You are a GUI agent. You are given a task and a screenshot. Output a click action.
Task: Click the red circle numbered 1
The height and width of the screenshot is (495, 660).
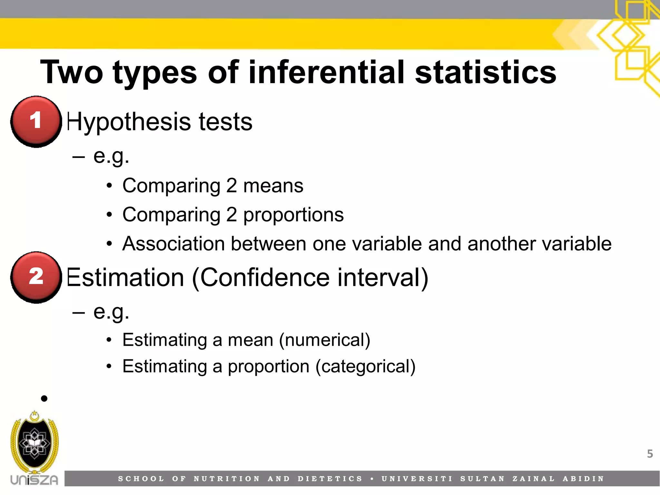click(x=36, y=121)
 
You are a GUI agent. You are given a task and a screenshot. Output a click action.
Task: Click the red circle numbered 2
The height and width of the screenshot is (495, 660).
click(x=36, y=277)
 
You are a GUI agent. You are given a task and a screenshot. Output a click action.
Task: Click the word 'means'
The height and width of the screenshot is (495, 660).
click(x=273, y=186)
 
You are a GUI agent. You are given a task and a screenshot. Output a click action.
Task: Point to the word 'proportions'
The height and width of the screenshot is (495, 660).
click(x=293, y=215)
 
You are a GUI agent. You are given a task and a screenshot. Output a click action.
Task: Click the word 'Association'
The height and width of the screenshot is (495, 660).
click(x=173, y=244)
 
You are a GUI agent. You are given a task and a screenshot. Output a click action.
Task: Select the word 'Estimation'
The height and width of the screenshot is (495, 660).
click(x=125, y=277)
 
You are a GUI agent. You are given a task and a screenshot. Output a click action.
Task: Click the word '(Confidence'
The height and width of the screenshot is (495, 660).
click(x=261, y=277)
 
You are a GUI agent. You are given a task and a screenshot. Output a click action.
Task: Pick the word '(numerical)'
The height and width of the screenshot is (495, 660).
click(x=325, y=340)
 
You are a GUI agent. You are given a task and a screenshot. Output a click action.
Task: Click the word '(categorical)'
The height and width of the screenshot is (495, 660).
click(x=365, y=366)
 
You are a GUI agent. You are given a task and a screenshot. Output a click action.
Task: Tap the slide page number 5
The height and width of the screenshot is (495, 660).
click(x=650, y=454)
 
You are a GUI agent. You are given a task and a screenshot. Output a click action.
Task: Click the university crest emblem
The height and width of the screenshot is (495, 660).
click(x=34, y=443)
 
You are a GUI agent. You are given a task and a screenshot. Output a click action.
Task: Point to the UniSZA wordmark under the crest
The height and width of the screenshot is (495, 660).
click(x=34, y=480)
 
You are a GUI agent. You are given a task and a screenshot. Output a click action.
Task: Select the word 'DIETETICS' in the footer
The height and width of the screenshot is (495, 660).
click(x=330, y=479)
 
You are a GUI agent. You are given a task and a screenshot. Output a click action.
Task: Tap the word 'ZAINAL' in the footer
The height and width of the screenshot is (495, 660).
click(x=534, y=479)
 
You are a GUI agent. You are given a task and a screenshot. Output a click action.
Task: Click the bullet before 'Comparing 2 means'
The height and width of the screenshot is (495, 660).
click(x=110, y=186)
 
